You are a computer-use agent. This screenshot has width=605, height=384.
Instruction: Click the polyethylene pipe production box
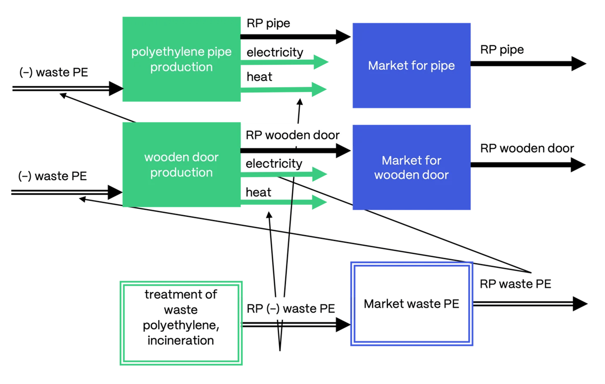point(181,59)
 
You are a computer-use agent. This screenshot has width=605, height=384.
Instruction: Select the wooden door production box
point(181,165)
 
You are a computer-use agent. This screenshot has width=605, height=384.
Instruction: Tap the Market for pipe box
point(411,66)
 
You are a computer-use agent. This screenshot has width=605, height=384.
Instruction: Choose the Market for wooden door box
point(411,167)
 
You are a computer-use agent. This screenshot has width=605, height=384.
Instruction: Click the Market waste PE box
point(411,304)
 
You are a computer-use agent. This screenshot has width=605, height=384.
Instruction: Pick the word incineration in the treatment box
point(181,340)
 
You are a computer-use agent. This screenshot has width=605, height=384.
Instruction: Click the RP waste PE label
point(515,284)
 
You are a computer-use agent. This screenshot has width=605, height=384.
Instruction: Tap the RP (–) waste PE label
point(291,309)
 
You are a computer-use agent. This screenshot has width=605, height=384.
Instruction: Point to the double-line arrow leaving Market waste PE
point(528,304)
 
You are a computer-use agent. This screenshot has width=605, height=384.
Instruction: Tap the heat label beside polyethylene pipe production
point(259,77)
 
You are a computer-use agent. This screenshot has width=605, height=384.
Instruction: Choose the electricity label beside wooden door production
point(274,164)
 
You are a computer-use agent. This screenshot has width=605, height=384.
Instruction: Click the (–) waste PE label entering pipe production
point(54,72)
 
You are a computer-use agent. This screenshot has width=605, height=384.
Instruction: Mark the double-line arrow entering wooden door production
point(66,192)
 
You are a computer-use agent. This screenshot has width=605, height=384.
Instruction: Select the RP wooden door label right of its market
point(527,148)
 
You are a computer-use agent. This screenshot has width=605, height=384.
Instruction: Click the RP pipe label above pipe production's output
point(268,23)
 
